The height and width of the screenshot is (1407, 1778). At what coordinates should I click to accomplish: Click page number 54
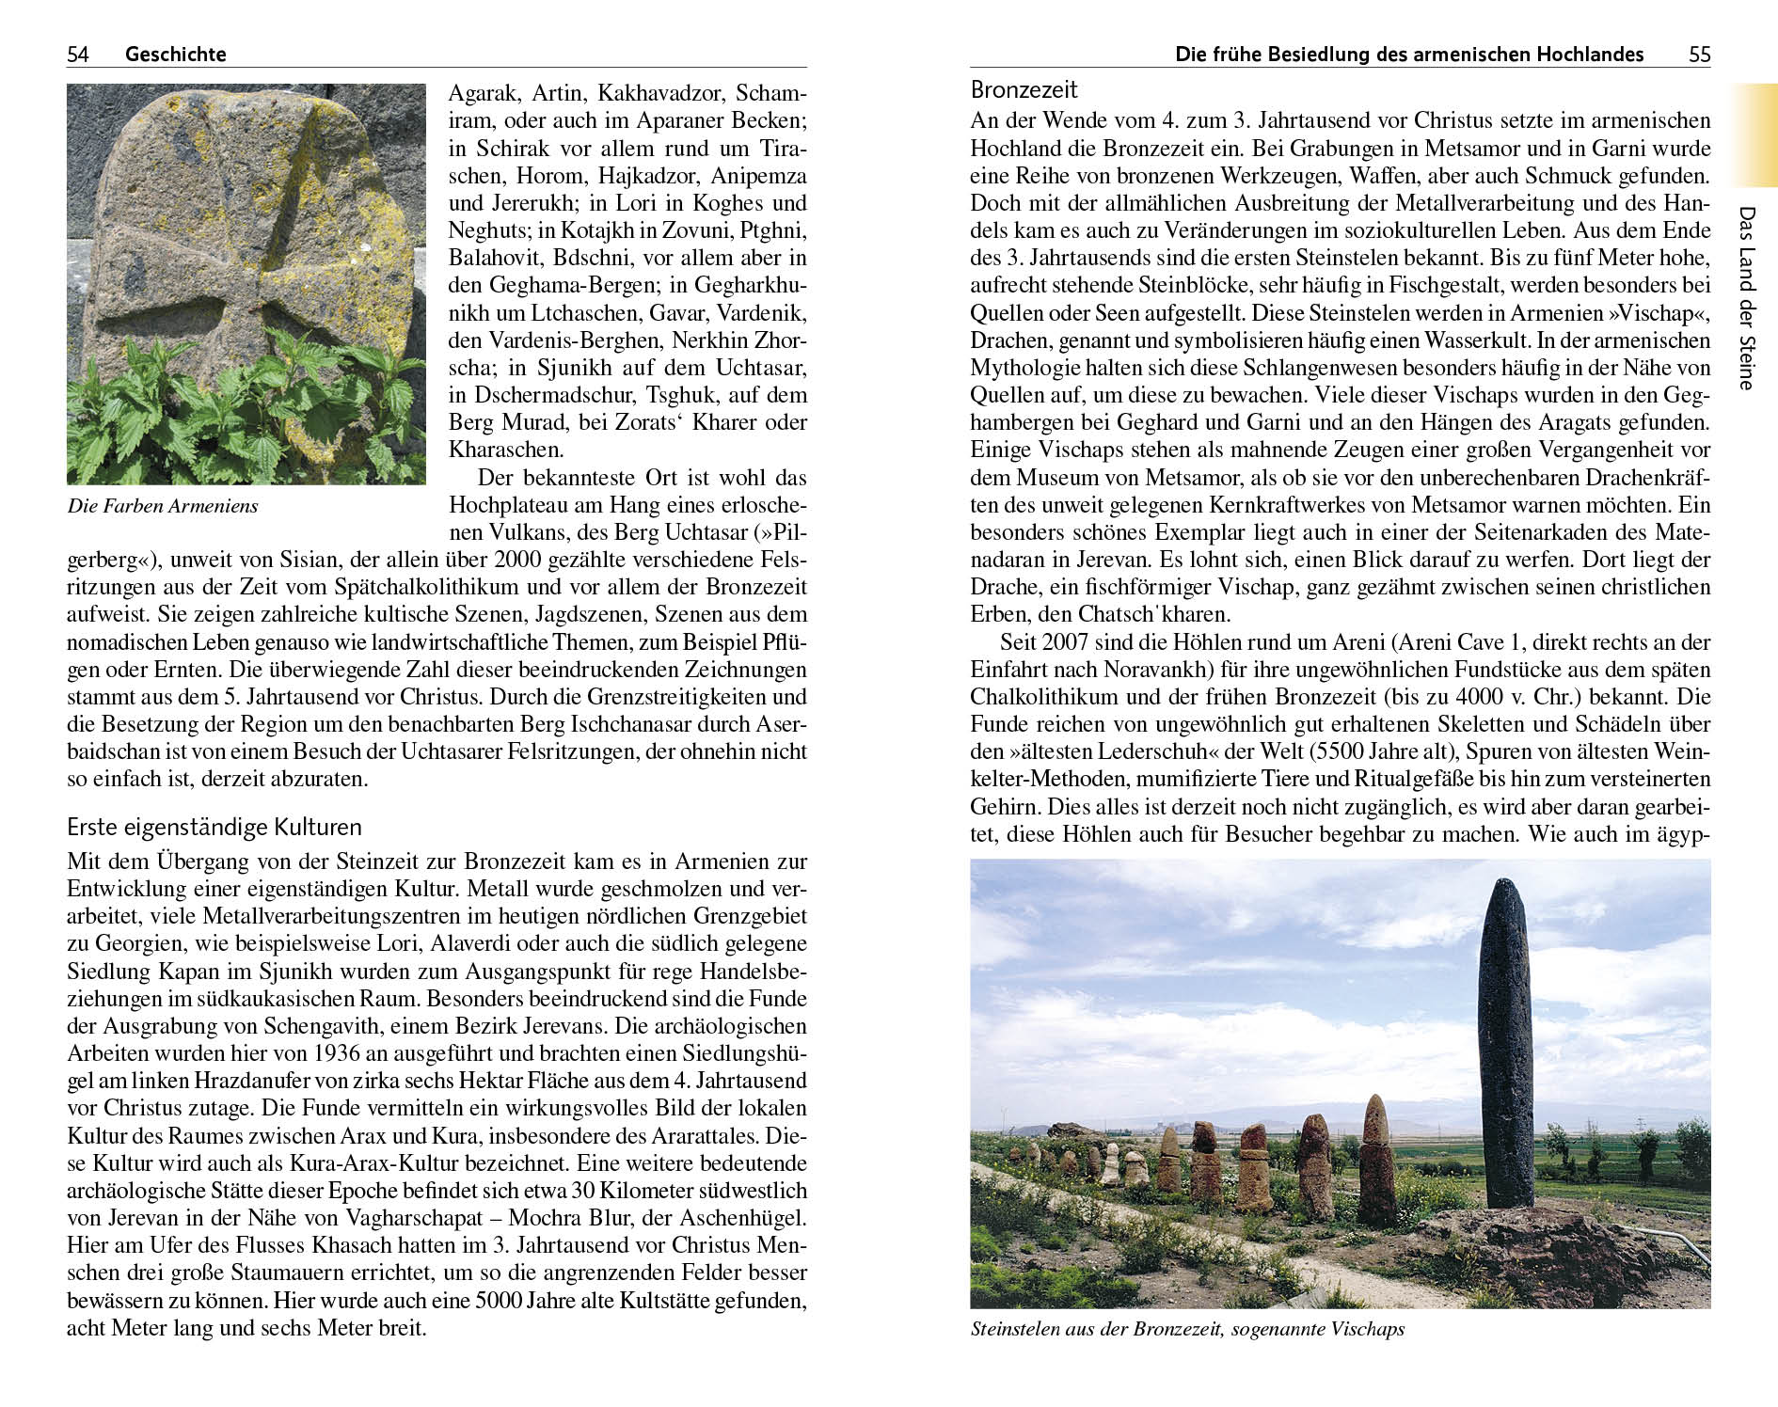(x=78, y=55)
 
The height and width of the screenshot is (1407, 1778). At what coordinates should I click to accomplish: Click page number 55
(x=1699, y=55)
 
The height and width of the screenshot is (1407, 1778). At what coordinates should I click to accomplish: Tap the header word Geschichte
(x=176, y=55)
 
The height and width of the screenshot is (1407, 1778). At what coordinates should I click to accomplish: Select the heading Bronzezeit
(x=1024, y=90)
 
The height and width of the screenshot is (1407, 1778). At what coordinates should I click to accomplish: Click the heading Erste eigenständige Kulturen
(x=214, y=828)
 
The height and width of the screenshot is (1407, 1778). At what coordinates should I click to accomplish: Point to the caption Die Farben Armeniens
(x=163, y=506)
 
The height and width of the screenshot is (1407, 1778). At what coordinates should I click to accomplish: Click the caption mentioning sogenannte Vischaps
(x=1187, y=1329)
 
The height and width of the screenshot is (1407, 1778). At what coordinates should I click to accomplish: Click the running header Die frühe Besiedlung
(x=1409, y=55)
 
